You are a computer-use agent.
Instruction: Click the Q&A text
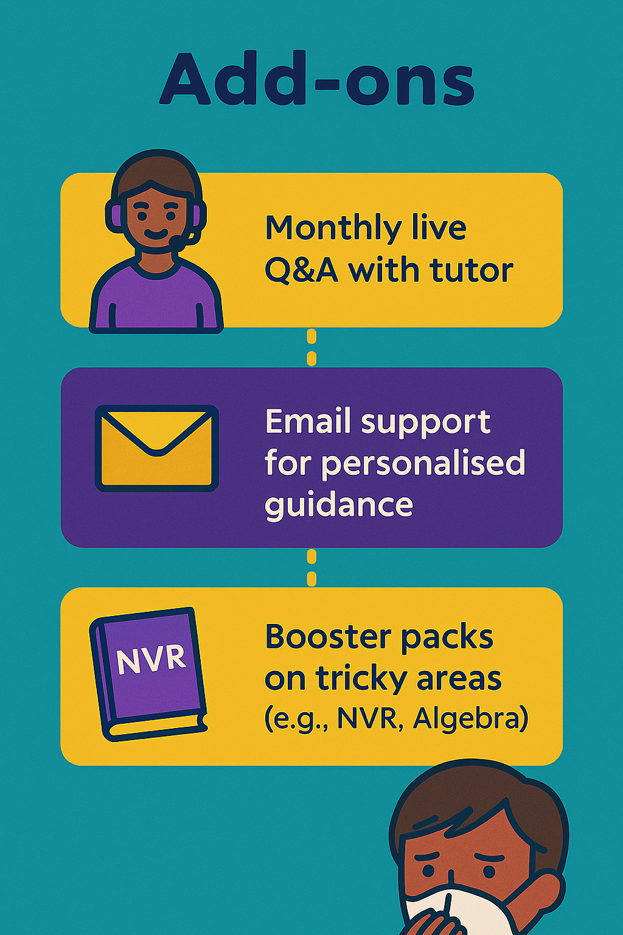pos(301,270)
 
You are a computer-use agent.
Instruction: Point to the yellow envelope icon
pos(157,448)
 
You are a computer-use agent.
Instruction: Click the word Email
pos(309,421)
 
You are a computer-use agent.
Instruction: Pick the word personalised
pos(423,463)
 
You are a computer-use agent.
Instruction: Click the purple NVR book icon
pos(148,674)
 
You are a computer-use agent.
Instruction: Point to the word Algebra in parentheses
pos(467,720)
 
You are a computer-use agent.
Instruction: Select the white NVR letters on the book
pos(151,659)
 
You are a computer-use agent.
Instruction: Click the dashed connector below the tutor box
pos(311,348)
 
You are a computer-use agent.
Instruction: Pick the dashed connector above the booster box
pos(311,568)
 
